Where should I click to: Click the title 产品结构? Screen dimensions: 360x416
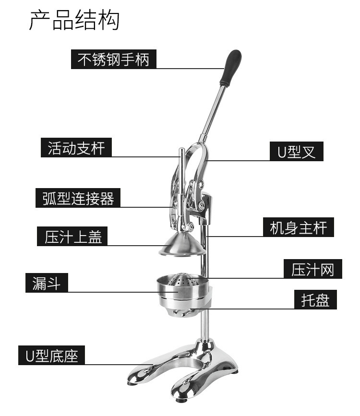coord(74,20)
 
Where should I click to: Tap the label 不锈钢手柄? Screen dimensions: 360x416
coord(114,59)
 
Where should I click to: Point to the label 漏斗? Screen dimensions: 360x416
coord(47,283)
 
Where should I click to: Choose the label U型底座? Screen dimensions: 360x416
coord(51,356)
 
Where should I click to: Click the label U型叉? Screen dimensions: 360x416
coord(296,152)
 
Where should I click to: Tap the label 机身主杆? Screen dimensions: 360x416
coord(298,227)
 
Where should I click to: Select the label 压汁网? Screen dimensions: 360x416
coord(312,269)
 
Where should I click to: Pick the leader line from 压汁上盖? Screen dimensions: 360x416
coord(134,246)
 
